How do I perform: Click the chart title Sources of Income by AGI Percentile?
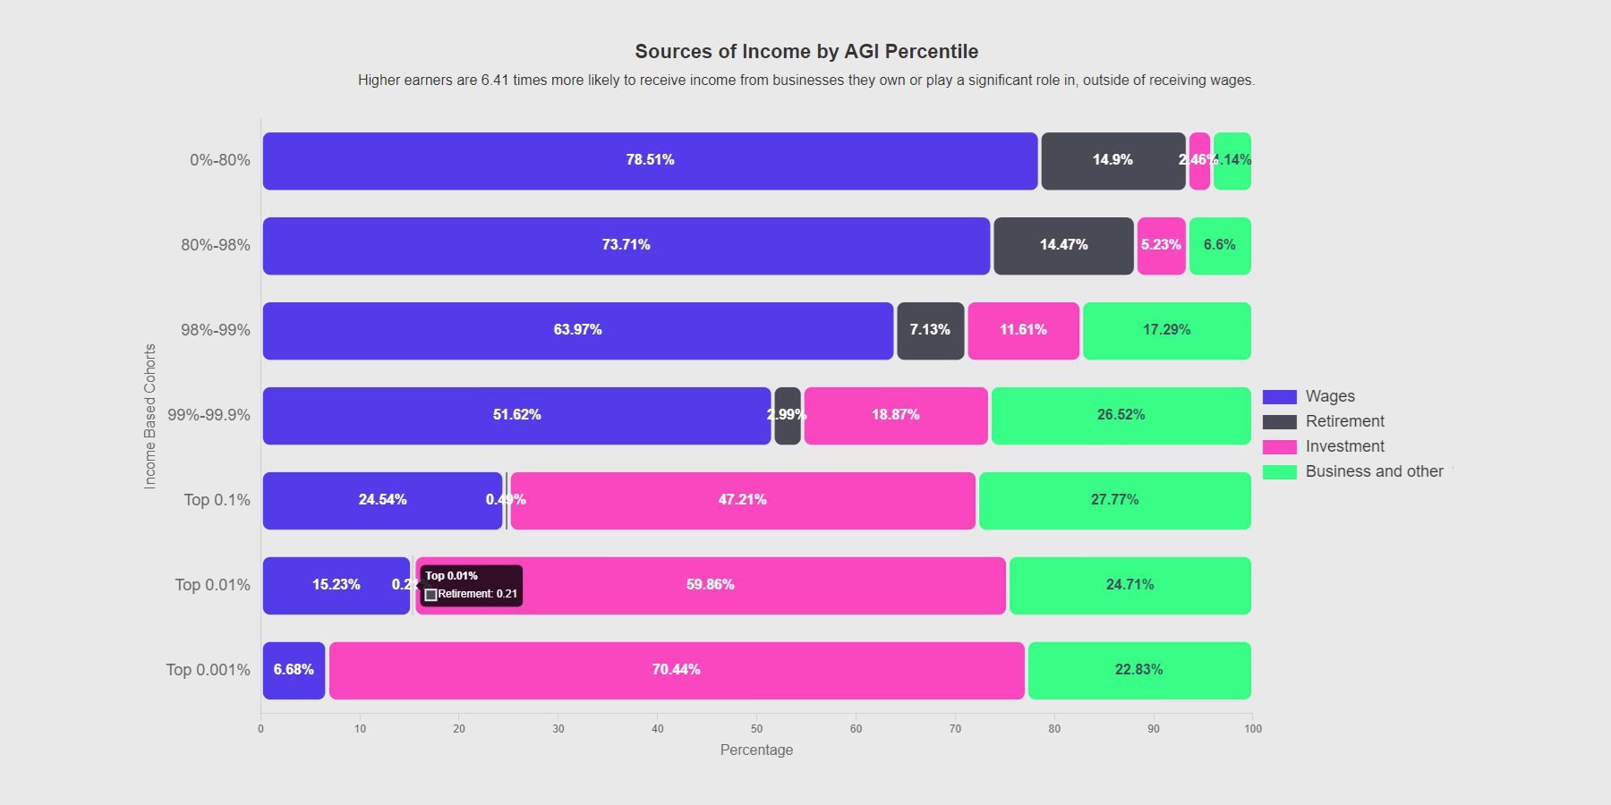(x=806, y=52)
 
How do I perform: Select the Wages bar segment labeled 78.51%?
(x=650, y=161)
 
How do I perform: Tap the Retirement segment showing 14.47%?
(x=1063, y=246)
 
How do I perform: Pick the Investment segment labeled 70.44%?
(x=677, y=671)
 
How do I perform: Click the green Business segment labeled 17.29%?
(x=1166, y=331)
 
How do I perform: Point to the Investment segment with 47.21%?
(x=743, y=501)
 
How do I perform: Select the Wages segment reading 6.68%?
(x=294, y=671)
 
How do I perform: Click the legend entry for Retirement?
(x=1344, y=421)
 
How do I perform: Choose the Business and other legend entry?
(x=1374, y=471)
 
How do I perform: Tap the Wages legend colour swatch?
(x=1279, y=397)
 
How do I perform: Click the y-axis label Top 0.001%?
(x=208, y=670)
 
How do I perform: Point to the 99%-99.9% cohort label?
(x=209, y=415)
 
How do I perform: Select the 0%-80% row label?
(x=219, y=160)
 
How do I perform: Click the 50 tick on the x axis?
(x=756, y=729)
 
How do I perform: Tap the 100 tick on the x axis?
(x=1252, y=729)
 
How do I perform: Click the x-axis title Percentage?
(x=756, y=750)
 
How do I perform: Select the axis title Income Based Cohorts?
(x=150, y=416)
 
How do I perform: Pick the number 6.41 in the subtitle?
(x=494, y=80)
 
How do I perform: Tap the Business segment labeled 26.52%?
(x=1121, y=416)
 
